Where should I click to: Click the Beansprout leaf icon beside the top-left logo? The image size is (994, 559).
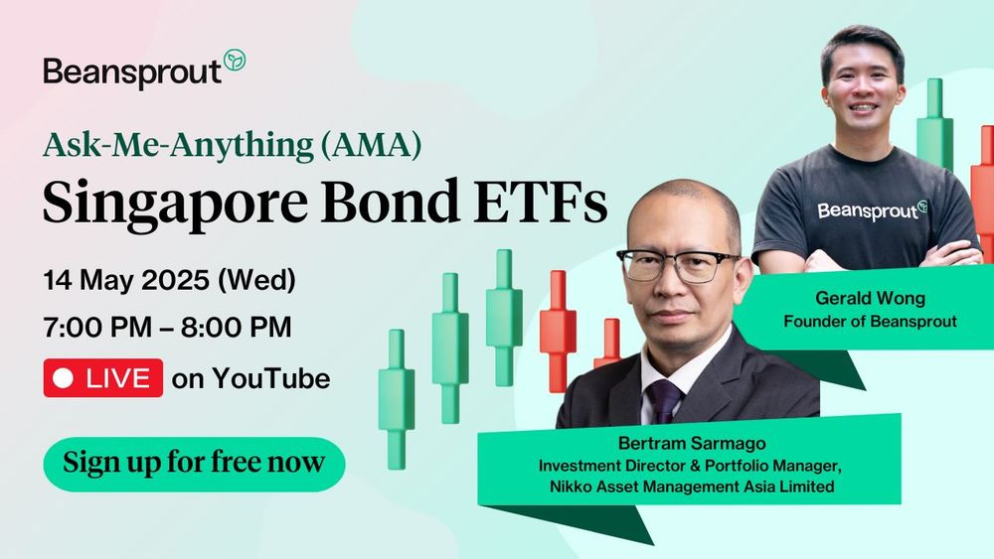click(x=235, y=61)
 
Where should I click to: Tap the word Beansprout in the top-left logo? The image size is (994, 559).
click(x=131, y=72)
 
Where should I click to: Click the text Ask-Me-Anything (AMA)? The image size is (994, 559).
click(x=232, y=147)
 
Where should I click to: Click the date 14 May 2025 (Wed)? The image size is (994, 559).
click(x=169, y=280)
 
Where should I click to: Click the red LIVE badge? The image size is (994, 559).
click(x=102, y=378)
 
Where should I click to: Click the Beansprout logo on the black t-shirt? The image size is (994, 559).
click(x=872, y=210)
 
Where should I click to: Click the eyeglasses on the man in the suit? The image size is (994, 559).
click(x=678, y=264)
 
